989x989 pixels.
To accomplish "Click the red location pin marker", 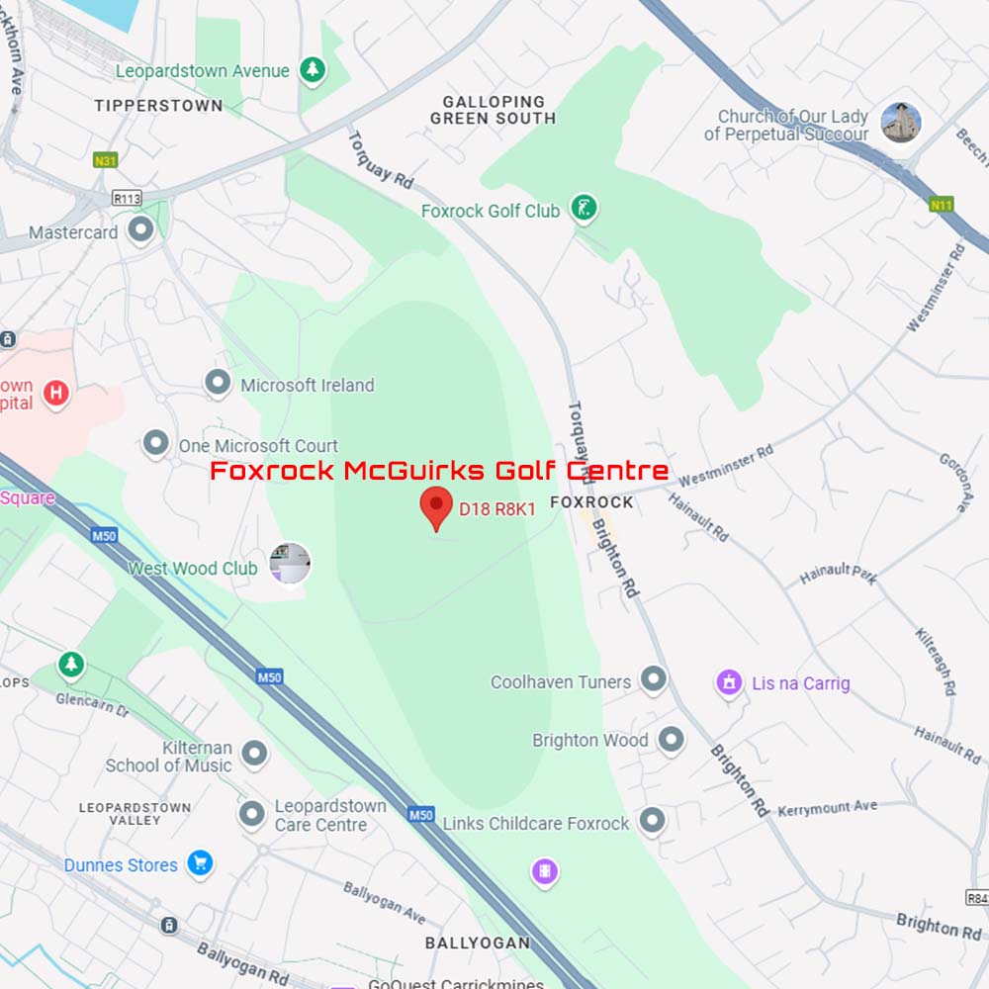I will [x=436, y=506].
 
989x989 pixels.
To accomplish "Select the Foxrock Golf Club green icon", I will [x=584, y=209].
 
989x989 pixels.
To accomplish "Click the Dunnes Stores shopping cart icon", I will [x=201, y=863].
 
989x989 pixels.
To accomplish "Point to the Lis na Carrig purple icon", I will [x=730, y=682].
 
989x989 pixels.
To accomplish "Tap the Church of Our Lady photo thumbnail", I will [x=901, y=123].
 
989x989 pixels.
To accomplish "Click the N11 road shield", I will [x=941, y=205].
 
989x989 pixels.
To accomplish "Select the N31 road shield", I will [x=105, y=160].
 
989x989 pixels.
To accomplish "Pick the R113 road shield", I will [x=127, y=198].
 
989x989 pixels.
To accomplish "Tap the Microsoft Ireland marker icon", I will [x=218, y=384].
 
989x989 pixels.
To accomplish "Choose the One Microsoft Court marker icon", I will [x=155, y=444].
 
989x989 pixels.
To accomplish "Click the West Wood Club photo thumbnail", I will [x=290, y=564].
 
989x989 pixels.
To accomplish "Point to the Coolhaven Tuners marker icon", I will [x=653, y=679].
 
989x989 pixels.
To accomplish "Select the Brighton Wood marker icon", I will [x=672, y=739].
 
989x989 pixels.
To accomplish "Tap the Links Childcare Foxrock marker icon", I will [x=652, y=820].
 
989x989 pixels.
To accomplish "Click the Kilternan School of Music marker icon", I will [x=255, y=755].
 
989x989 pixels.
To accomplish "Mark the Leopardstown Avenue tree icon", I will [x=313, y=69].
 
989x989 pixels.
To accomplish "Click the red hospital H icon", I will [x=56, y=393].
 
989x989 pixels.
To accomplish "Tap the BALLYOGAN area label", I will [x=478, y=943].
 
